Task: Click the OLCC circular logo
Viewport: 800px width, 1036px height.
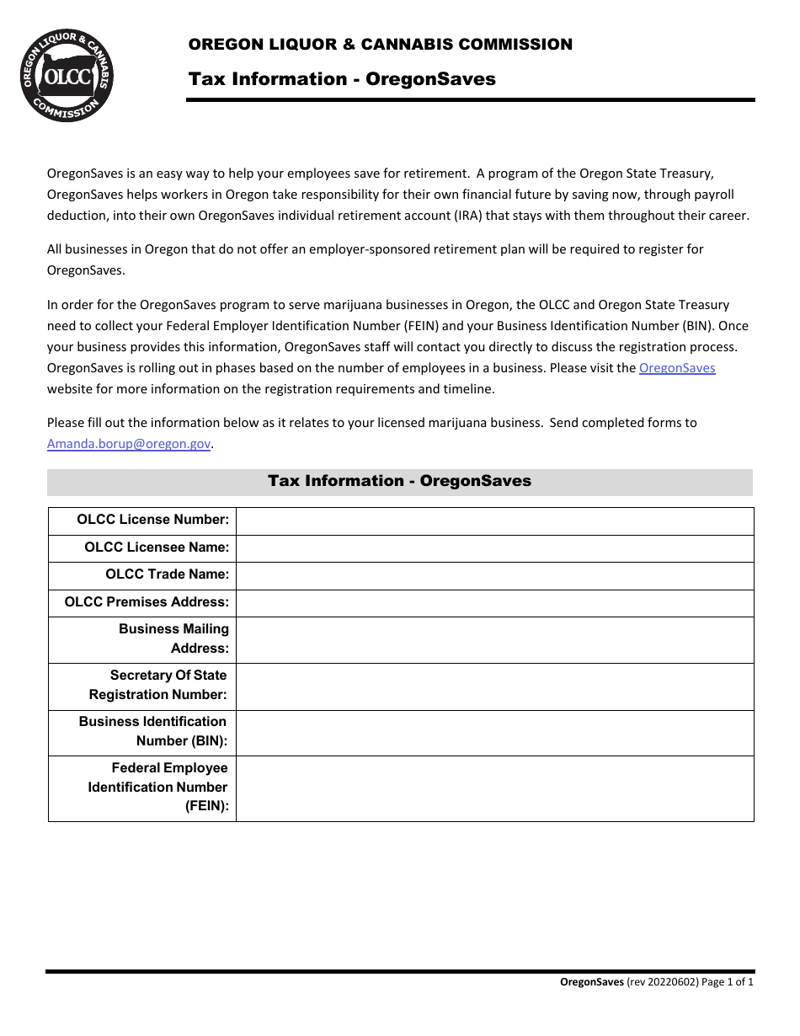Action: [x=67, y=75]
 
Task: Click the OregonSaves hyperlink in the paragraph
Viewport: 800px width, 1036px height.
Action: [x=677, y=368]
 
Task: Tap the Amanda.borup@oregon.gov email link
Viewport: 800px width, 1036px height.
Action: [x=128, y=444]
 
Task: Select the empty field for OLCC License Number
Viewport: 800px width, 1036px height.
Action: [x=494, y=521]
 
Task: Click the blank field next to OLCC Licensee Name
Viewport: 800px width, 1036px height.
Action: [x=494, y=548]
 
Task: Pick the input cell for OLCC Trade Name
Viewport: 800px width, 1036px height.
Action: [x=494, y=575]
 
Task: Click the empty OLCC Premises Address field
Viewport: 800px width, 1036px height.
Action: [x=494, y=603]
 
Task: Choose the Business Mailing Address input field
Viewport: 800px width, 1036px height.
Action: [x=494, y=640]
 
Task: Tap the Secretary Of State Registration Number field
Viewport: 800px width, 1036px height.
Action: [x=494, y=686]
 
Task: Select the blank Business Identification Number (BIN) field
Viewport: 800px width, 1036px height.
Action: [x=494, y=733]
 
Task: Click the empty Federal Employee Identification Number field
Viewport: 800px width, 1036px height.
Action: [x=494, y=788]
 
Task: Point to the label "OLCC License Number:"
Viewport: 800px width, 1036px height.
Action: [x=152, y=520]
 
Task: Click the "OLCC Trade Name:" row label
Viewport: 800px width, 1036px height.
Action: [x=167, y=574]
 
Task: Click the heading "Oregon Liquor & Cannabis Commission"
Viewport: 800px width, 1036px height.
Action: [x=381, y=45]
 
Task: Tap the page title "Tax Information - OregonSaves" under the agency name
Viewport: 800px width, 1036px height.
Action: [x=342, y=79]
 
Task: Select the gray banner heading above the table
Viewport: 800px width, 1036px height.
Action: [x=399, y=481]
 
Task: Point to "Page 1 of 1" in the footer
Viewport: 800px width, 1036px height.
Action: [x=728, y=982]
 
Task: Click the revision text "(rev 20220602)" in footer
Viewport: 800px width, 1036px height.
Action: [x=663, y=982]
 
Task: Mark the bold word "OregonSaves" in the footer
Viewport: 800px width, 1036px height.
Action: [x=592, y=982]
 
